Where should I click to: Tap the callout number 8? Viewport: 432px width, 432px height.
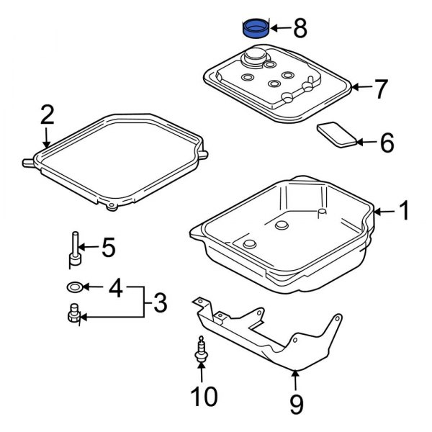tap(300, 30)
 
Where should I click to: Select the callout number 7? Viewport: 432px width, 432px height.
tap(381, 89)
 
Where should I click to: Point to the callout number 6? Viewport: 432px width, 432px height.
tap(387, 143)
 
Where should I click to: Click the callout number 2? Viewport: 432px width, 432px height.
tap(47, 114)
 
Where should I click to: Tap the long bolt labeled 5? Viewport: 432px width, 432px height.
tap(74, 248)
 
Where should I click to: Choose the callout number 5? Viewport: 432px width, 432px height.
tap(107, 248)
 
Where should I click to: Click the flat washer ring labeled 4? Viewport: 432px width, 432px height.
tap(73, 287)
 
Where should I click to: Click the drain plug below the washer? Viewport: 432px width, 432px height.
tap(73, 315)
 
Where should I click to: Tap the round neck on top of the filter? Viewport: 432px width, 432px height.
tap(256, 55)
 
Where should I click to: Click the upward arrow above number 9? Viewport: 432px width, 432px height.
tap(295, 379)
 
